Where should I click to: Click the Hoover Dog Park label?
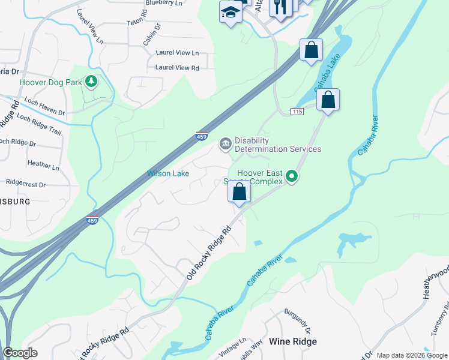pyautogui.click(x=50, y=82)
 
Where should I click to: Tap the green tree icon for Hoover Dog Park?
pyautogui.click(x=91, y=81)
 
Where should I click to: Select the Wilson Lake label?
pyautogui.click(x=169, y=173)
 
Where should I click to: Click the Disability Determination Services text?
pyautogui.click(x=277, y=145)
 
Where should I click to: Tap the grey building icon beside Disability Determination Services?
pyautogui.click(x=226, y=143)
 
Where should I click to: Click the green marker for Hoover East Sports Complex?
pyautogui.click(x=292, y=176)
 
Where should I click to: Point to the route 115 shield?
pyautogui.click(x=296, y=112)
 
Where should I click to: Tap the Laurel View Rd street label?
pyautogui.click(x=177, y=68)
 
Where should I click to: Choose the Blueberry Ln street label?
pyautogui.click(x=164, y=3)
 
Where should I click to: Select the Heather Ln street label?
pyautogui.click(x=43, y=163)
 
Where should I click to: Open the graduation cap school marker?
pyautogui.click(x=231, y=12)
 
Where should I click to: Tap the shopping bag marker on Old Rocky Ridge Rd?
pyautogui.click(x=240, y=193)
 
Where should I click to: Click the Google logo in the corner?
pyautogui.click(x=20, y=353)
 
